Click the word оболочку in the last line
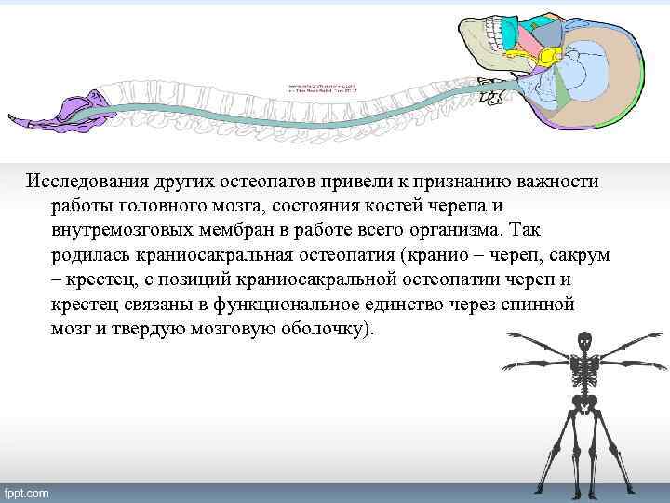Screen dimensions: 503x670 319,331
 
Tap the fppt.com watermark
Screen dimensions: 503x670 27,491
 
